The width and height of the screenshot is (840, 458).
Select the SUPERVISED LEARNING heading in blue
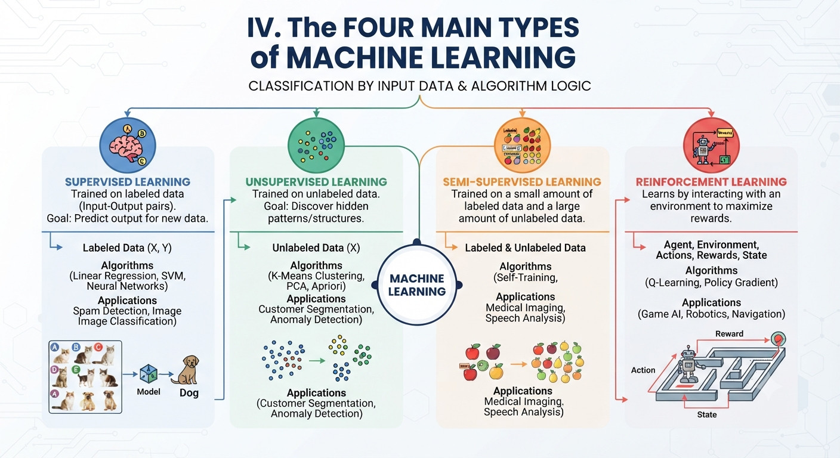pos(128,182)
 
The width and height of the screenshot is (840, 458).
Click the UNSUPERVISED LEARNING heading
pos(316,182)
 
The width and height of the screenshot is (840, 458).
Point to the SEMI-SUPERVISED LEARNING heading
pos(522,182)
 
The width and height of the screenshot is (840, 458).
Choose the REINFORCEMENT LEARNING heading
pos(711,182)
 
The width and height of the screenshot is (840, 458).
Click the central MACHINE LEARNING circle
pos(416,285)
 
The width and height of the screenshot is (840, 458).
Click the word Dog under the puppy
pos(189,393)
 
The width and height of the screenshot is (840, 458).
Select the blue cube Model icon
pos(149,374)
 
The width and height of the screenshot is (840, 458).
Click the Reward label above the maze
pos(729,333)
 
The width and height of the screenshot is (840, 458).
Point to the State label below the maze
pos(707,414)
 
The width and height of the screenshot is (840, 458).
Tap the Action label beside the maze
pos(643,370)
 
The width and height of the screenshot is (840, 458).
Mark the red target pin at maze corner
pos(778,339)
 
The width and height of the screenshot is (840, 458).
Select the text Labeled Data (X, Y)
pos(127,247)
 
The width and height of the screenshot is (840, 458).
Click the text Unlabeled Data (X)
pos(316,247)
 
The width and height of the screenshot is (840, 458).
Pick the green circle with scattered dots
pos(316,146)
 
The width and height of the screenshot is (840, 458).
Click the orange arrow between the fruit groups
pos(519,364)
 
